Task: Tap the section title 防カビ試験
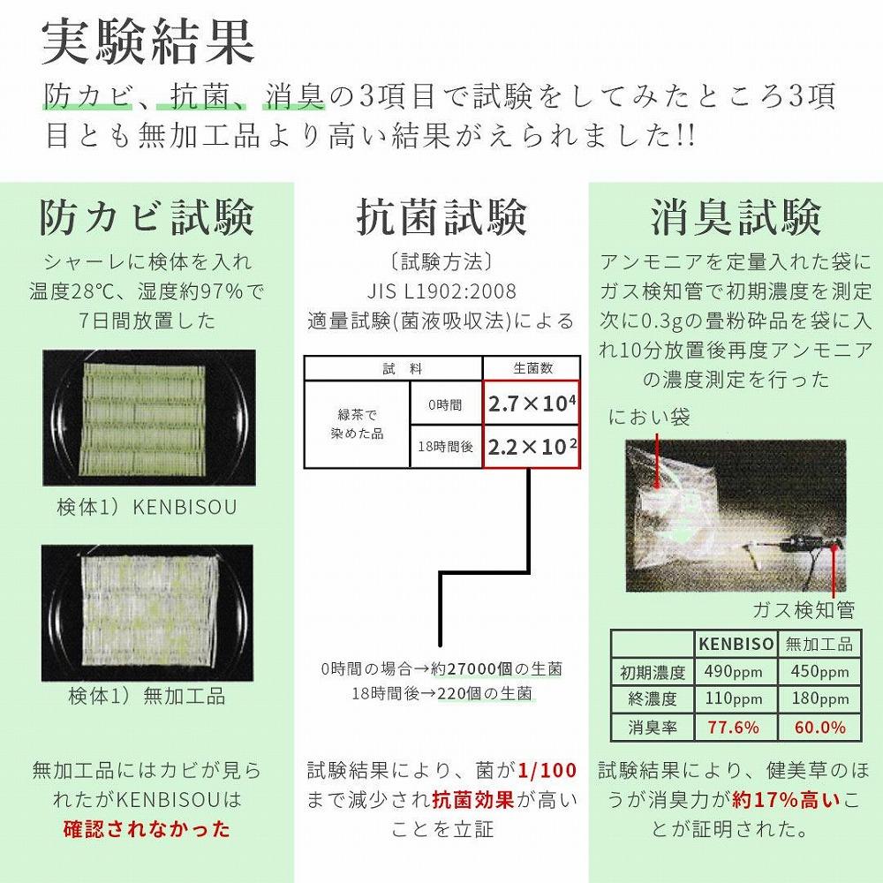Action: click(x=147, y=217)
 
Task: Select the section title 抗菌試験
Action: click(x=441, y=217)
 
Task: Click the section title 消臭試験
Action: click(x=736, y=217)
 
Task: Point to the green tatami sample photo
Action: click(x=149, y=417)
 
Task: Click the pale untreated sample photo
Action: click(x=149, y=611)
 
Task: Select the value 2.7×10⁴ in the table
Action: click(x=532, y=404)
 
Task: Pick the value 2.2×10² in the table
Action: click(x=532, y=447)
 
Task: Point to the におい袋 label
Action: click(x=649, y=417)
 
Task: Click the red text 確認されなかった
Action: click(x=147, y=828)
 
